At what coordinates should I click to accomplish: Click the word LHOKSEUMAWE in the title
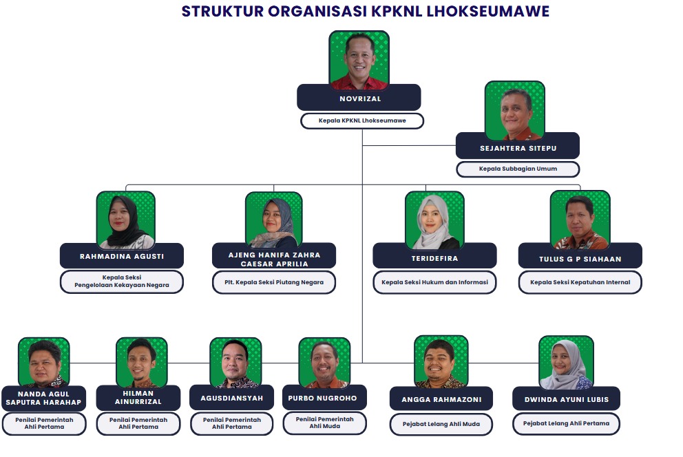pyautogui.click(x=488, y=11)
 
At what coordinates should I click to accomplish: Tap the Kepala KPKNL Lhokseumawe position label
pyautogui.click(x=362, y=120)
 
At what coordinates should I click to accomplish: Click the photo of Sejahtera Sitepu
pyautogui.click(x=515, y=111)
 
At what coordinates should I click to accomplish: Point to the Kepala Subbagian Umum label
pyautogui.click(x=518, y=169)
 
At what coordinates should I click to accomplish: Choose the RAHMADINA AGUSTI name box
pyautogui.click(x=122, y=256)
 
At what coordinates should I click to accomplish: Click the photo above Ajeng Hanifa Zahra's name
pyautogui.click(x=274, y=220)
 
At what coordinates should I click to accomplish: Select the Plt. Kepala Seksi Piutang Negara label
pyautogui.click(x=274, y=282)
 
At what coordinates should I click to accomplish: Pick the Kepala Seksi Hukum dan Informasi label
pyautogui.click(x=434, y=282)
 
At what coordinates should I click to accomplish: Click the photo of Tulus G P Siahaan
pyautogui.click(x=580, y=220)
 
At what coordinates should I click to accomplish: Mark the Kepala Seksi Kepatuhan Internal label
pyautogui.click(x=580, y=282)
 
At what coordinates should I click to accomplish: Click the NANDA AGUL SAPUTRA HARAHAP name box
pyautogui.click(x=43, y=398)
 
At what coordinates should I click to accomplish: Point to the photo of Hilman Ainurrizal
pyautogui.click(x=142, y=362)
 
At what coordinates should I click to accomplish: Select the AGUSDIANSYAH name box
pyautogui.click(x=232, y=398)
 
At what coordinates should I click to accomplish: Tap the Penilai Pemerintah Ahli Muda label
pyautogui.click(x=324, y=423)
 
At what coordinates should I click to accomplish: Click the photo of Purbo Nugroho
pyautogui.click(x=324, y=363)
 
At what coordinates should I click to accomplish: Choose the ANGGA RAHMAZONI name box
pyautogui.click(x=441, y=399)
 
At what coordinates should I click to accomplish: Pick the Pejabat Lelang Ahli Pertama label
pyautogui.click(x=566, y=424)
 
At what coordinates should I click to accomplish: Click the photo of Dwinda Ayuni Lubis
pyautogui.click(x=566, y=363)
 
